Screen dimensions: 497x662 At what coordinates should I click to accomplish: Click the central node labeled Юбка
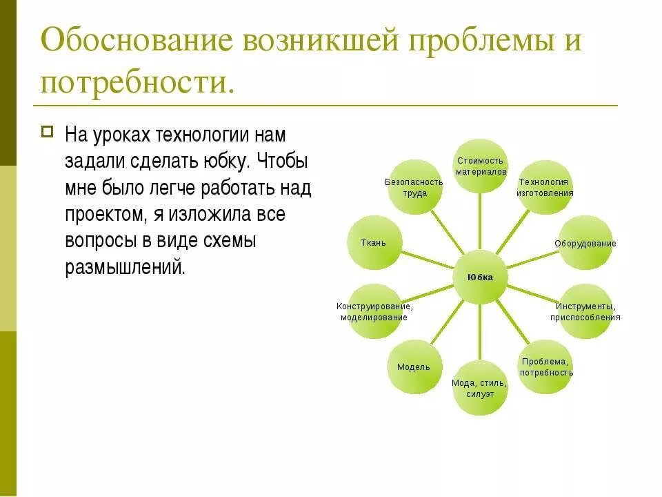coord(480,277)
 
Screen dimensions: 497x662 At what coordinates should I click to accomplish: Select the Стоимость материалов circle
coord(480,166)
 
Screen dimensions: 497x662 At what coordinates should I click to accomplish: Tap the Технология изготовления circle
coord(545,187)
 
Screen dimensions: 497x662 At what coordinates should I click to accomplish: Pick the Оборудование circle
coord(585,243)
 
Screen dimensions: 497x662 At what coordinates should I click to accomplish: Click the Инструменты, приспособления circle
coord(585,311)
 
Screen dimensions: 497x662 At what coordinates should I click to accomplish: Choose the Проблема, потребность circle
coord(545,367)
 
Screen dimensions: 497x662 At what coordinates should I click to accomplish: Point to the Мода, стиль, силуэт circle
coord(480,388)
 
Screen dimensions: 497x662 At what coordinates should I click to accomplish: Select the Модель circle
coord(414,367)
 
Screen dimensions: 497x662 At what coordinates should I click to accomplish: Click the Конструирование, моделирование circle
coord(374,311)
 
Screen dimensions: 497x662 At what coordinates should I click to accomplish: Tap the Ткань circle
coord(374,243)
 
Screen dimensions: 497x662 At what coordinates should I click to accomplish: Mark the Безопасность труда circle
coord(414,187)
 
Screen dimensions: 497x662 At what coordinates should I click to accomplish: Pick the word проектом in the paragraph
coord(103,214)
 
